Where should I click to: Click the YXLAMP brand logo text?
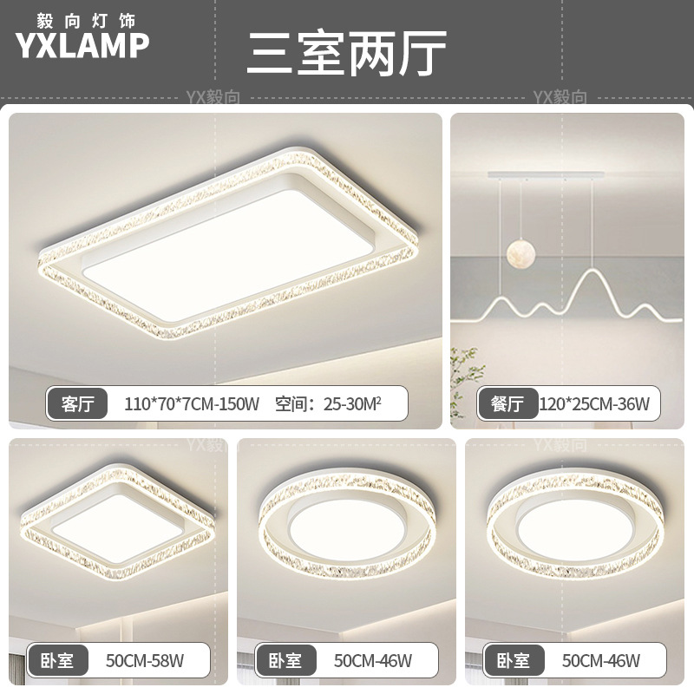[82, 46]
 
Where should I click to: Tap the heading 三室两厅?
[346, 54]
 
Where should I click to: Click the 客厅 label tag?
[78, 403]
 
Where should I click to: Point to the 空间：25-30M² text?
[329, 403]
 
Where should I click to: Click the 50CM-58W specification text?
[143, 661]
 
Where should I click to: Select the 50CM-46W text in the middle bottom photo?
[372, 661]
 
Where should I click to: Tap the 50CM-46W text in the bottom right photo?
[600, 661]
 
